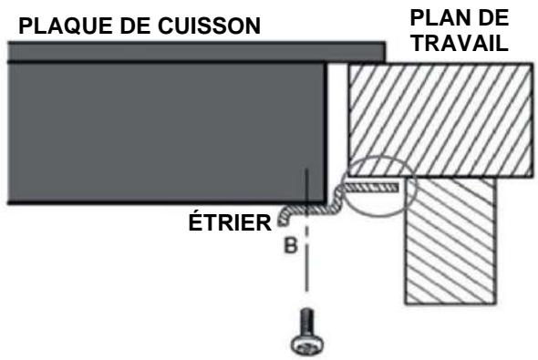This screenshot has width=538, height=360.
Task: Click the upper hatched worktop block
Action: [438, 118]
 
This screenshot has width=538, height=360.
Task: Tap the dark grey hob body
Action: [164, 128]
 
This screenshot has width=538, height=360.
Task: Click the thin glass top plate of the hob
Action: [182, 51]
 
